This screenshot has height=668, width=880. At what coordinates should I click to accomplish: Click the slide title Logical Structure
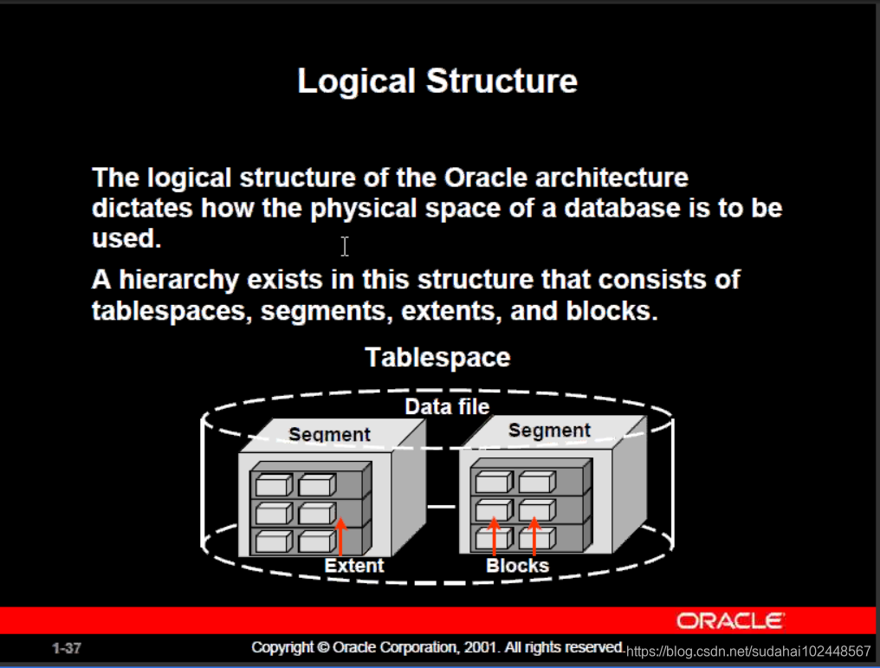point(437,81)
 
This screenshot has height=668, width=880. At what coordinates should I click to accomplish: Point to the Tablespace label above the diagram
point(437,357)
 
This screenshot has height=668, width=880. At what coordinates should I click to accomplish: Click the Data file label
point(447,406)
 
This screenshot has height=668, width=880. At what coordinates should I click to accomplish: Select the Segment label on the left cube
point(329,434)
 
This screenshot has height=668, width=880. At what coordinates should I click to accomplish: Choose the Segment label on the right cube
point(549,430)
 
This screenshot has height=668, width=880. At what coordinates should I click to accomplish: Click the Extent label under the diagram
point(353,566)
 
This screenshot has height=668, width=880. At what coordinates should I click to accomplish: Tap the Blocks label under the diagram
point(517,566)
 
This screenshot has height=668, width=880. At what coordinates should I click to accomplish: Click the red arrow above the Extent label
point(340,536)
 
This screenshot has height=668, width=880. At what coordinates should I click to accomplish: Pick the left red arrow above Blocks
point(494,536)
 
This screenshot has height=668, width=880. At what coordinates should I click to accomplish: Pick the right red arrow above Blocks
point(534,536)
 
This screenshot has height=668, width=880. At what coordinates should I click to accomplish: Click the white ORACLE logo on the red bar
point(730,620)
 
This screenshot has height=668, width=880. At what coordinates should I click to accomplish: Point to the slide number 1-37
point(67,648)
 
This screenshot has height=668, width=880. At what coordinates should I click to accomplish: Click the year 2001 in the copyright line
point(478,647)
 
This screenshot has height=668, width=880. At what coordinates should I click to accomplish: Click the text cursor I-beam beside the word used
point(345,247)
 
